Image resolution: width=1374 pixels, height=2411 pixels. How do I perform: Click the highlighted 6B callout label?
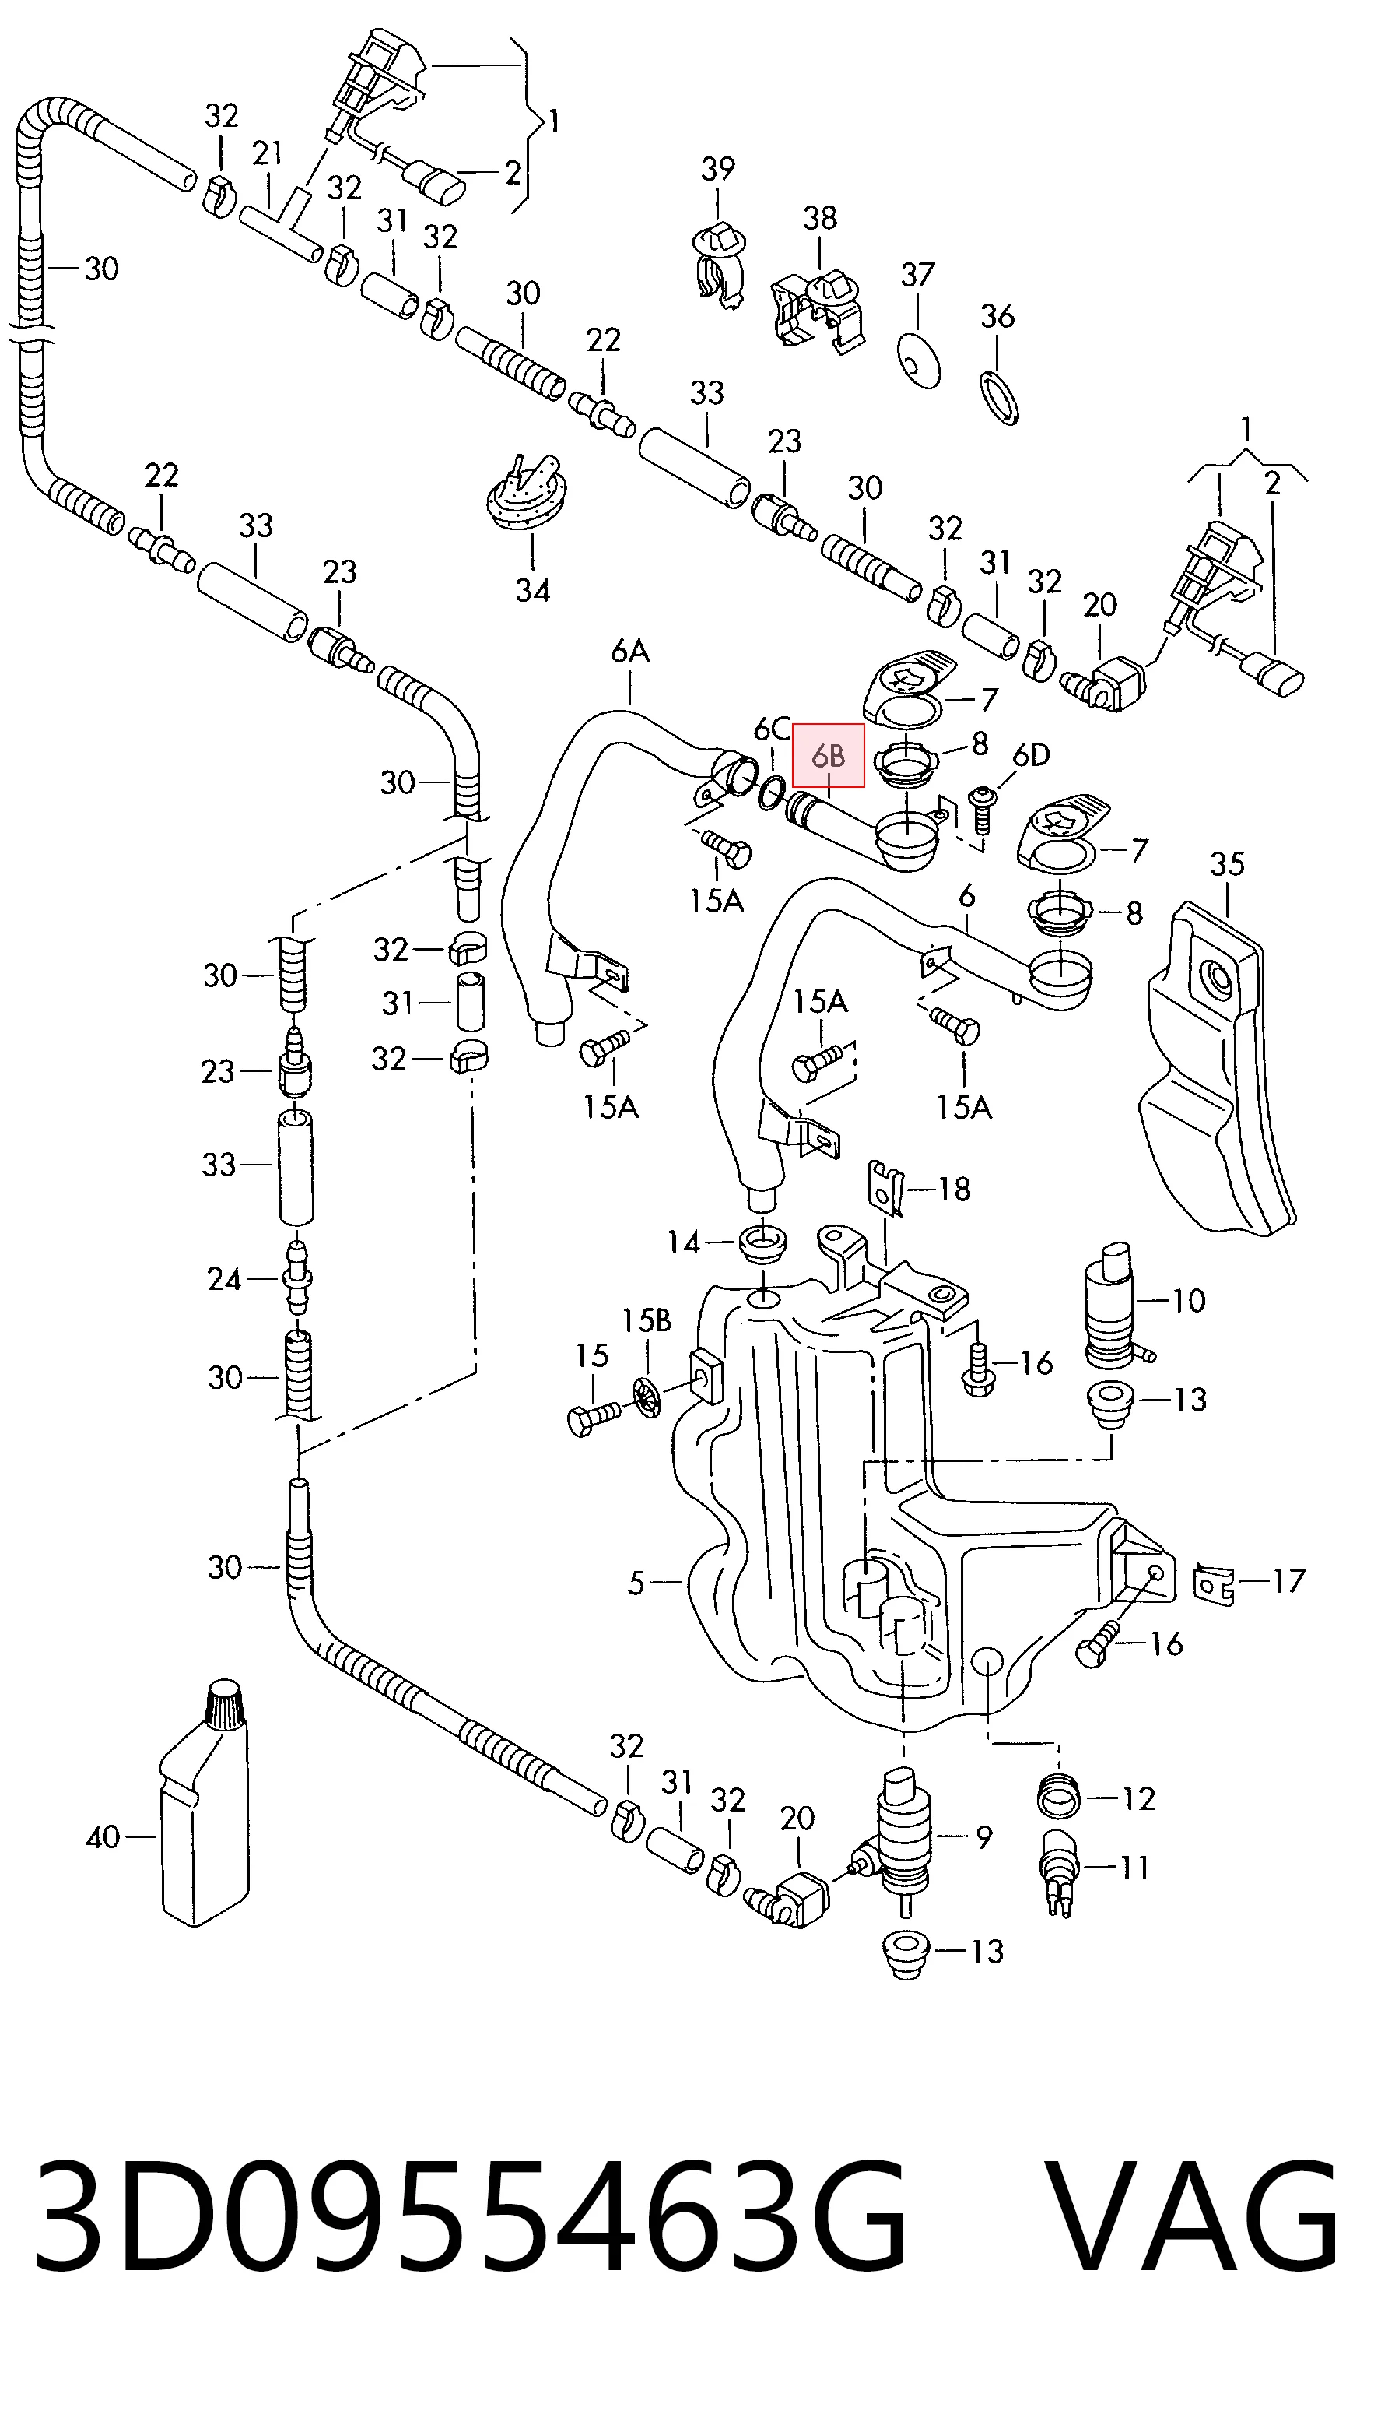tap(829, 755)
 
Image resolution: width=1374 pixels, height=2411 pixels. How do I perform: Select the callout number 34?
tap(532, 591)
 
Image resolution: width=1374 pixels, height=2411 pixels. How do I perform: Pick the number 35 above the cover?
tap(1227, 864)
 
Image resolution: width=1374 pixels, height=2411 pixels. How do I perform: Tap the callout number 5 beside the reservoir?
tap(636, 1583)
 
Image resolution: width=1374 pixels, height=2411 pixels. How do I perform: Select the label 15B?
tap(647, 1320)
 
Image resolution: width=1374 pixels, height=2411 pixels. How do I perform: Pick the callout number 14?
tap(683, 1243)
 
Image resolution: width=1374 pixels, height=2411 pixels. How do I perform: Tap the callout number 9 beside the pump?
tap(983, 1837)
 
